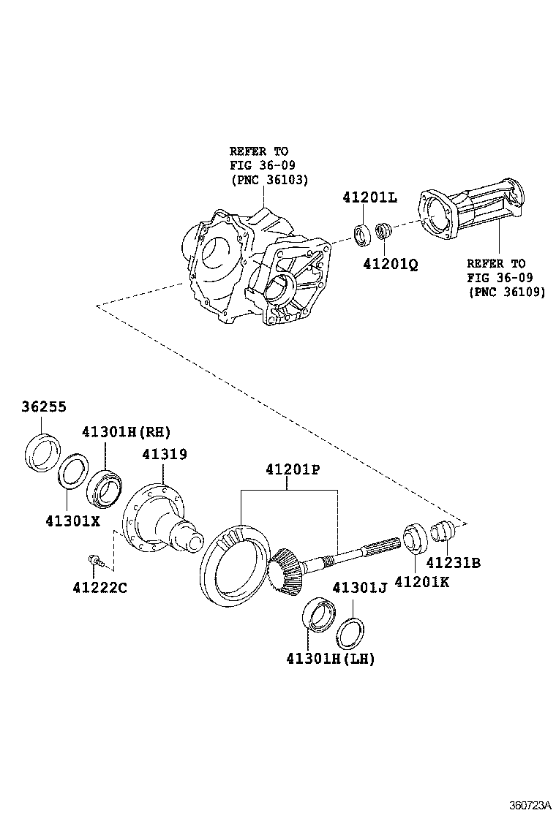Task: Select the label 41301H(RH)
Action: point(127,432)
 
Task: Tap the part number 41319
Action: point(165,454)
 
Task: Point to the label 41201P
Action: point(288,469)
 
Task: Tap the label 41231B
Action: point(454,562)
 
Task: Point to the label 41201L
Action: point(369,198)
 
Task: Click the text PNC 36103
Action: point(269,179)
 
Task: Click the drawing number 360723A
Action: point(529,804)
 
